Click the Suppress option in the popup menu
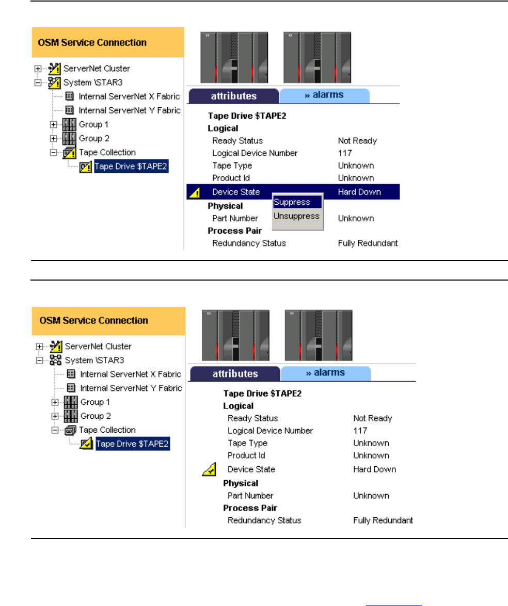click(x=292, y=202)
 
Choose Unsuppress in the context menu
click(x=297, y=216)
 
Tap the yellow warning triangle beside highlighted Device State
click(x=195, y=192)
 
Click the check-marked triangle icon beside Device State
click(x=209, y=469)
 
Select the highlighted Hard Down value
click(x=359, y=192)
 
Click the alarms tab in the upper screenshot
click(x=324, y=95)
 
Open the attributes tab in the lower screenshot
click(x=235, y=374)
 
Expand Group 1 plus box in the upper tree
click(x=53, y=124)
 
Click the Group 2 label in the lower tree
click(x=96, y=416)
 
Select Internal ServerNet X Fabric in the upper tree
click(x=129, y=96)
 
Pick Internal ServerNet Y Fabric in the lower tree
click(x=131, y=388)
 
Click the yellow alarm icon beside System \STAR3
click(x=55, y=83)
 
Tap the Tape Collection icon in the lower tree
click(x=70, y=430)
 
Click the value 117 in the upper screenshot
click(x=345, y=153)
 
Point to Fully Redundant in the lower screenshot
click(x=383, y=520)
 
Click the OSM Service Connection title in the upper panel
click(x=92, y=42)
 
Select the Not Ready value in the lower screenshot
click(x=373, y=418)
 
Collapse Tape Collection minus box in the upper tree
click(x=53, y=153)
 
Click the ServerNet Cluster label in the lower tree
click(x=98, y=346)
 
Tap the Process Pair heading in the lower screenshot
click(x=250, y=508)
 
